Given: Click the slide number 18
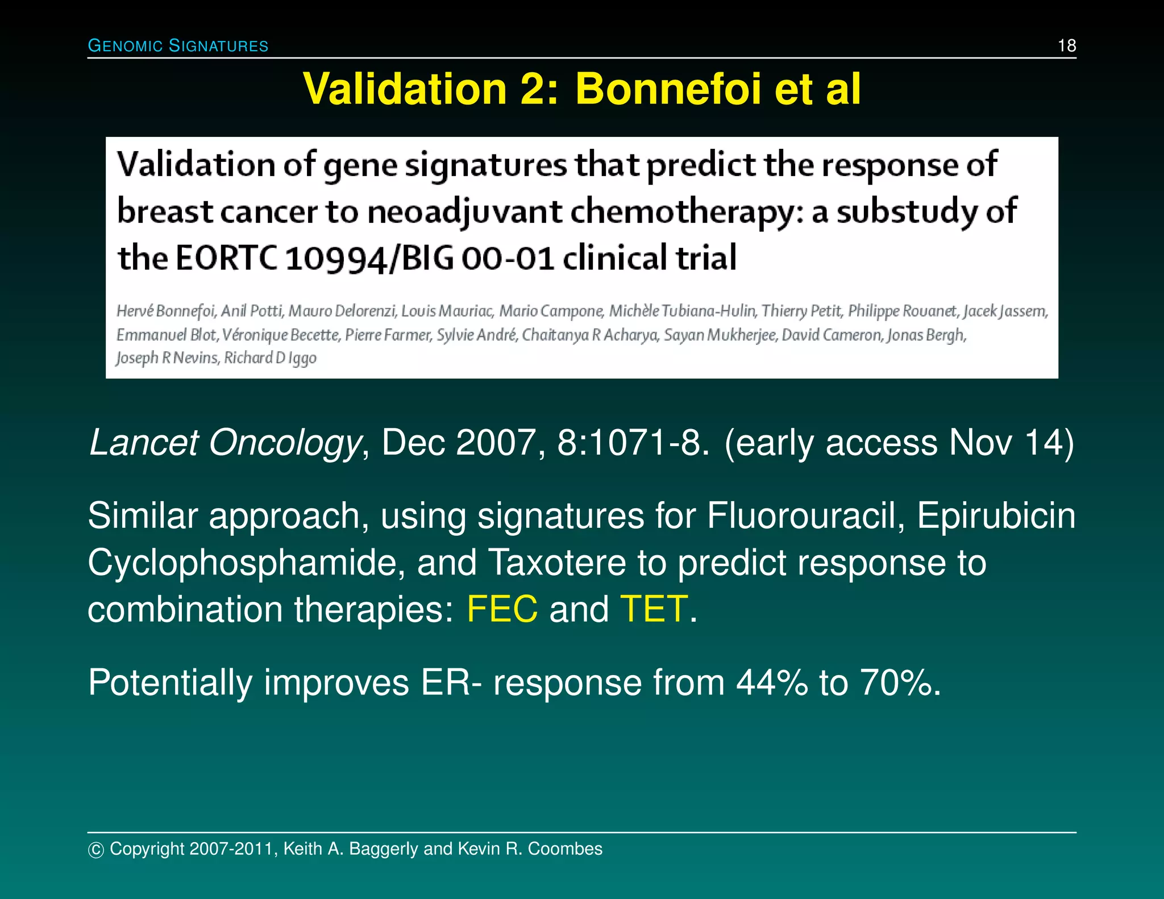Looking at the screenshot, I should coord(1066,45).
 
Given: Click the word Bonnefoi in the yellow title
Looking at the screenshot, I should coord(668,89).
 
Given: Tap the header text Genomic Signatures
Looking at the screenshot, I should coord(178,46).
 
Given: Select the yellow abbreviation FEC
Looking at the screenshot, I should coord(502,609).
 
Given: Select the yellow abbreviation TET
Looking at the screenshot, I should coord(654,609).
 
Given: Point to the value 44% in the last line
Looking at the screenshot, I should coord(771,682).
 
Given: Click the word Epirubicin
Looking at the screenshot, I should coord(996,516).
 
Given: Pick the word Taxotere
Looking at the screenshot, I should coord(557,563).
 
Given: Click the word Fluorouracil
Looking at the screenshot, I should coord(805,516).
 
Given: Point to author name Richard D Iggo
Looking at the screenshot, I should coord(270,358).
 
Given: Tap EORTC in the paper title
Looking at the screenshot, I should coord(226,258).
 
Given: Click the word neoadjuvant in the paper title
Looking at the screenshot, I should coord(464,211).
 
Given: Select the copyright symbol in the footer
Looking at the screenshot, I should coord(96,850).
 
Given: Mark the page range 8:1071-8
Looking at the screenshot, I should coord(633,443).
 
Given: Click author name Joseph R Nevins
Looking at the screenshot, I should coord(167,358).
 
